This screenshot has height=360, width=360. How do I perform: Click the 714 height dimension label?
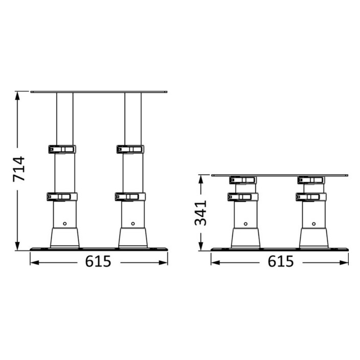[x=19, y=169]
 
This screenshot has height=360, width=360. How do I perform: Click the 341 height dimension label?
[x=200, y=213]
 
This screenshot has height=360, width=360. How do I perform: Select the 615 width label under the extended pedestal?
[x=98, y=261]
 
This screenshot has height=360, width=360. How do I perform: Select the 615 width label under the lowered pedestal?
[x=281, y=261]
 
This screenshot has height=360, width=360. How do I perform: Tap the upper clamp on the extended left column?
[x=62, y=149]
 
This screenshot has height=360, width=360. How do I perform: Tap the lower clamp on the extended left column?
[x=62, y=197]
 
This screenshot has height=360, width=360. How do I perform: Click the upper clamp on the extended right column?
[x=130, y=149]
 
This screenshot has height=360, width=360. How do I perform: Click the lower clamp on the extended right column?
[x=130, y=197]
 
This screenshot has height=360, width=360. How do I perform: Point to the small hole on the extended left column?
[x=65, y=223]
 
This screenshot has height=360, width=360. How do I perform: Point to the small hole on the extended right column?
[x=133, y=223]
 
